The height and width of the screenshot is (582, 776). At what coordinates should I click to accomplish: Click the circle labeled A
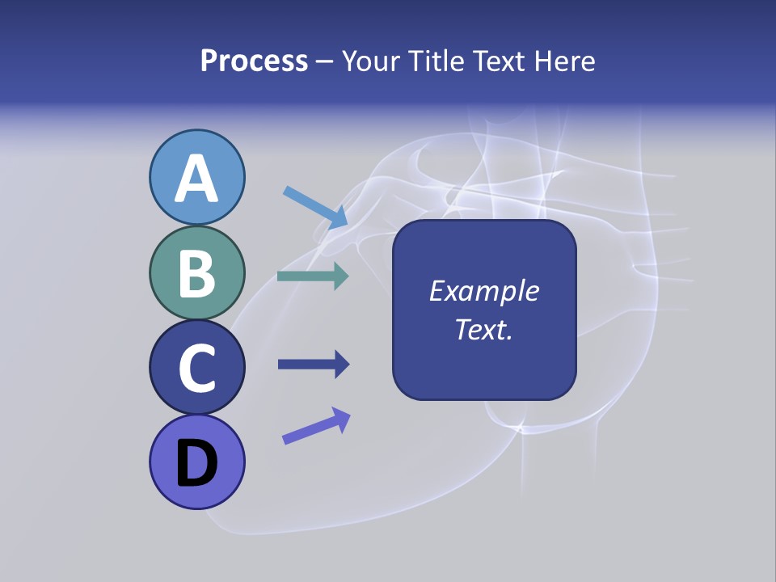197,177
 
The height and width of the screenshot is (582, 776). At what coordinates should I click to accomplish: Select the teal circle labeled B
197,273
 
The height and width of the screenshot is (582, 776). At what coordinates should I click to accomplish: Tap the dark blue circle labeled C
197,368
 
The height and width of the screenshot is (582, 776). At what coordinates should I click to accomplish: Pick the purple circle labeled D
197,462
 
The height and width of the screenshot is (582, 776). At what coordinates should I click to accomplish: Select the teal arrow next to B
313,276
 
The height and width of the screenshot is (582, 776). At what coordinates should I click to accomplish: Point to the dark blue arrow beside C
314,365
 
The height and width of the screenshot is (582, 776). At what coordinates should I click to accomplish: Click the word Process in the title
254,61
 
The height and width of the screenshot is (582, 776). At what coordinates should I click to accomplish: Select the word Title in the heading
436,61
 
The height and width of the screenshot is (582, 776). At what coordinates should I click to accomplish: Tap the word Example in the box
484,291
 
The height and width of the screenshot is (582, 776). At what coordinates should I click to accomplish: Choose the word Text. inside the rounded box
484,330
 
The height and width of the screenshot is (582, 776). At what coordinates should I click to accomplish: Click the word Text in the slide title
497,61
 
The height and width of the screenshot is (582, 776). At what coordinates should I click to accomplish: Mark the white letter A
197,179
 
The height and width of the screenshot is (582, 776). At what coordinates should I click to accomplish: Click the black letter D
197,463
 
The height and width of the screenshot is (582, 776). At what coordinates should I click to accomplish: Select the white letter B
197,273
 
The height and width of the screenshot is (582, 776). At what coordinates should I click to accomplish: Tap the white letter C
197,369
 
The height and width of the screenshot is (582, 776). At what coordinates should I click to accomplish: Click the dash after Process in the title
325,62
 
